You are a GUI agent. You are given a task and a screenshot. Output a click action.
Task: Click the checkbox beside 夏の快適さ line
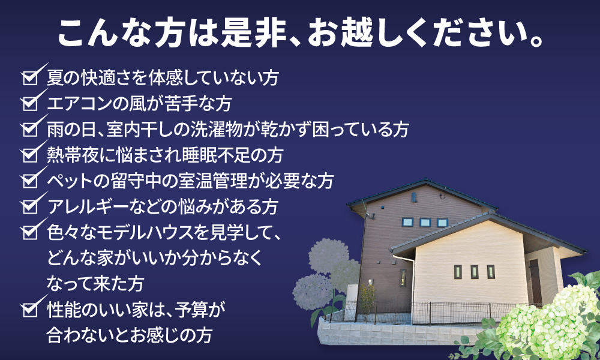tap(30, 77)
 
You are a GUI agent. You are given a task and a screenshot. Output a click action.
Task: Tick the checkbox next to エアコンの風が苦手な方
tap(30, 103)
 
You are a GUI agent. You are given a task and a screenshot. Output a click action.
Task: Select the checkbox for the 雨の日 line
tap(30, 129)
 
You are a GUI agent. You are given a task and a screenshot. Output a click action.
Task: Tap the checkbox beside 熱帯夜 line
tap(30, 155)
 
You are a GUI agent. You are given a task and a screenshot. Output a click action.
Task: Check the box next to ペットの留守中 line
tap(30, 180)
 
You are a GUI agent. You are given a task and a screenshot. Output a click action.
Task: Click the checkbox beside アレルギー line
tap(30, 206)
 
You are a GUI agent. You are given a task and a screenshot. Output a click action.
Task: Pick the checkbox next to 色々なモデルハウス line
tap(30, 232)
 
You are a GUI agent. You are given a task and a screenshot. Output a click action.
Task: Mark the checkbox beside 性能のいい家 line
tap(30, 309)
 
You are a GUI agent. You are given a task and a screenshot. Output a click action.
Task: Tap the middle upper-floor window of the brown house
tap(425, 222)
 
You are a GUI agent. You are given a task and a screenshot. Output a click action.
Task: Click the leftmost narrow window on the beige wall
tap(458, 272)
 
